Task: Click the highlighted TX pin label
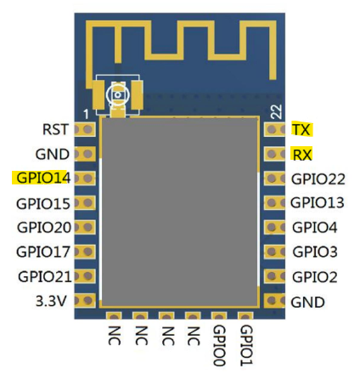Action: click(x=301, y=129)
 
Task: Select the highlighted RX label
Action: click(x=301, y=155)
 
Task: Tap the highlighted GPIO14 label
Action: click(x=43, y=178)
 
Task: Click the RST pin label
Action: click(x=55, y=129)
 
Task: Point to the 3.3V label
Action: click(x=51, y=301)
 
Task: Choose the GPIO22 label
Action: click(x=318, y=179)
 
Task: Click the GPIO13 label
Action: click(x=318, y=202)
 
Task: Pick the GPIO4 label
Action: click(x=315, y=227)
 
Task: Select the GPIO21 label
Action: click(x=44, y=276)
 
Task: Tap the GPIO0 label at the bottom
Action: click(x=219, y=346)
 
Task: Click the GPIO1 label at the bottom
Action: click(x=246, y=346)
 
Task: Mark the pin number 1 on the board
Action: click(x=86, y=115)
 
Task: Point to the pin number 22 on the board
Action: click(x=276, y=111)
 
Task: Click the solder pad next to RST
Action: click(x=85, y=129)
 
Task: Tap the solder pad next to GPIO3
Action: click(x=274, y=252)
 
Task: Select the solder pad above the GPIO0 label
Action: click(x=219, y=316)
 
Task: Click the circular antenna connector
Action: click(x=118, y=95)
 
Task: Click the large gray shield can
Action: click(x=180, y=212)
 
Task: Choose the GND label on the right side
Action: click(x=307, y=303)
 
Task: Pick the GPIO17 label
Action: click(x=43, y=252)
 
